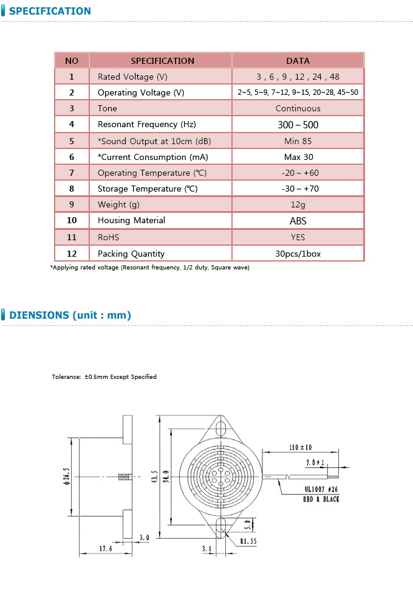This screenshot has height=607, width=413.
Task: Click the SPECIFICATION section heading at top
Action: pyautogui.click(x=50, y=11)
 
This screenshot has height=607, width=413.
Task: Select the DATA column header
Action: pyautogui.click(x=298, y=61)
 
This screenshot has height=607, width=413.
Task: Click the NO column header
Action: pyautogui.click(x=72, y=61)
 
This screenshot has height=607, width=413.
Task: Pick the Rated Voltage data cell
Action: pyautogui.click(x=298, y=77)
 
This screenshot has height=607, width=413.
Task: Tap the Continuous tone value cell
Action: pyautogui.click(x=298, y=108)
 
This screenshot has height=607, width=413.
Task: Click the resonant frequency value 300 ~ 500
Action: pyautogui.click(x=298, y=125)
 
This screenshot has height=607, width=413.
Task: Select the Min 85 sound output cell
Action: pyautogui.click(x=298, y=141)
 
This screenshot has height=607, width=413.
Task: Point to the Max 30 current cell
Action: pyautogui.click(x=298, y=157)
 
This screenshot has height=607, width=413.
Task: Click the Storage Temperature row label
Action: pyautogui.click(x=148, y=189)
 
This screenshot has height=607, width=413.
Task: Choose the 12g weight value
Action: pyautogui.click(x=298, y=204)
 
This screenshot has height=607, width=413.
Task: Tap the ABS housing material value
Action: pyautogui.click(x=298, y=221)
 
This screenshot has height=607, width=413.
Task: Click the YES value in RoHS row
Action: pyautogui.click(x=298, y=237)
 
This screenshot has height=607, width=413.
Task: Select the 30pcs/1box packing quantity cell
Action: pyautogui.click(x=298, y=254)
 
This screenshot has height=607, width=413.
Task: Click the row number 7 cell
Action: pyautogui.click(x=72, y=173)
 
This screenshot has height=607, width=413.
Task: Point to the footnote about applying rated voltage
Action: pyautogui.click(x=149, y=268)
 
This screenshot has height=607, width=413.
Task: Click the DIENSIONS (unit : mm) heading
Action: pyautogui.click(x=70, y=315)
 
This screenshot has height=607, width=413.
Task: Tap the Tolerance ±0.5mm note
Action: pyautogui.click(x=104, y=377)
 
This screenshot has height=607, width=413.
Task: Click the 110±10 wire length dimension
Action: pyautogui.click(x=300, y=448)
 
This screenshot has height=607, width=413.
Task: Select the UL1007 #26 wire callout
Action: pyautogui.click(x=322, y=488)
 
